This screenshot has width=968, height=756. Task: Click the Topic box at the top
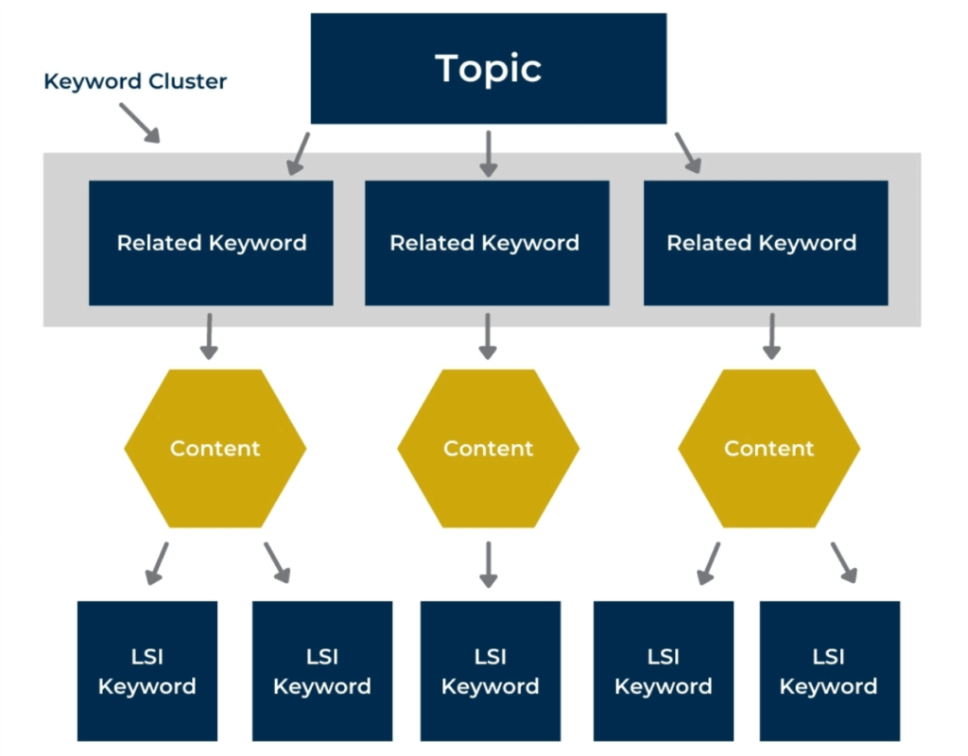(488, 68)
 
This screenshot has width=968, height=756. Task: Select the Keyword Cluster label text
(135, 81)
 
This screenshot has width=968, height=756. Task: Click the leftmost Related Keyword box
(211, 243)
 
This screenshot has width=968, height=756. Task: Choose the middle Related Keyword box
(486, 243)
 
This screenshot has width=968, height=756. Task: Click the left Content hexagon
(215, 448)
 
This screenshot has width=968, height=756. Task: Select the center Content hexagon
(488, 448)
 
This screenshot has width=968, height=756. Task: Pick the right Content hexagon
(769, 448)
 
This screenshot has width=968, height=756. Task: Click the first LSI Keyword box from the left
(147, 671)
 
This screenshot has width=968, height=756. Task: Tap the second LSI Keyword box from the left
(321, 671)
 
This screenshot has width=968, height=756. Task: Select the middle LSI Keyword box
(490, 671)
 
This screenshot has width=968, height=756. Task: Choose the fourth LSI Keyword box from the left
(663, 671)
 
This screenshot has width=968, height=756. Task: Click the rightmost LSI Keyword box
(829, 671)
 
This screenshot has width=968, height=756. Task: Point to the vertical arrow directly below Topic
(488, 154)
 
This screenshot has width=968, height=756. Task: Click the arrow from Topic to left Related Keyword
(299, 154)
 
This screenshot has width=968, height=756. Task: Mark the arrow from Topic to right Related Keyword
(687, 154)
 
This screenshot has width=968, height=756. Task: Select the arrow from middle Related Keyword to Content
(488, 336)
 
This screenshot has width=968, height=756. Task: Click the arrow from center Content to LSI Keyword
(488, 564)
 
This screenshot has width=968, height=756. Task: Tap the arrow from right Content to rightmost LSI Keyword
(843, 562)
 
